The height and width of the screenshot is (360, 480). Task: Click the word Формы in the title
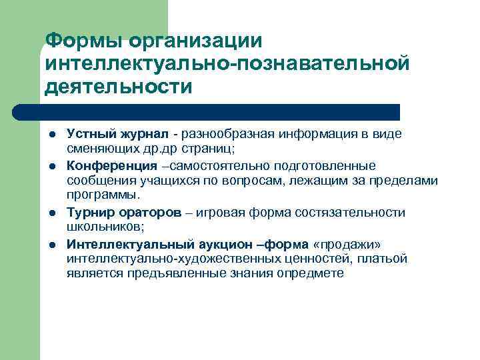point(85,41)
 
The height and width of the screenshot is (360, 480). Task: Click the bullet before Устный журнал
point(51,134)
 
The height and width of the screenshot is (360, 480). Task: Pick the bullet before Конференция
point(51,165)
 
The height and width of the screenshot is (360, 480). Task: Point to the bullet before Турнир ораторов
point(51,213)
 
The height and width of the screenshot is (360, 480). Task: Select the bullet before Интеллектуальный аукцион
point(51,244)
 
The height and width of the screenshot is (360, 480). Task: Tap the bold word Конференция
point(112,165)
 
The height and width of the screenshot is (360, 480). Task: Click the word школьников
point(96,227)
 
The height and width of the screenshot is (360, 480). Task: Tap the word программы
point(103,195)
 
